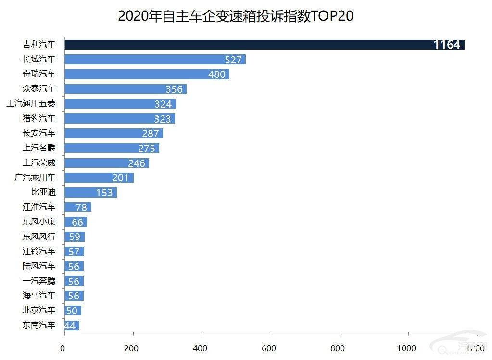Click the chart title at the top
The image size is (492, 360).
[x=236, y=15]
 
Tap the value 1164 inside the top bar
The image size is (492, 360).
[x=447, y=45]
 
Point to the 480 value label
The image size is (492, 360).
[x=218, y=74]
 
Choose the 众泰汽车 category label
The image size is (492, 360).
[x=39, y=89]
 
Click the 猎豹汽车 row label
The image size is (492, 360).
[x=39, y=118]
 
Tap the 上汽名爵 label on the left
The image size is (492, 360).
[x=39, y=148]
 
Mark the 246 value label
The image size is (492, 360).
[x=137, y=163]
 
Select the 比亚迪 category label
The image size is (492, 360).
[x=43, y=192]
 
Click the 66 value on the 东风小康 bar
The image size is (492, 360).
[x=77, y=222]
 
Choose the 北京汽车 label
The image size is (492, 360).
[x=39, y=310]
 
